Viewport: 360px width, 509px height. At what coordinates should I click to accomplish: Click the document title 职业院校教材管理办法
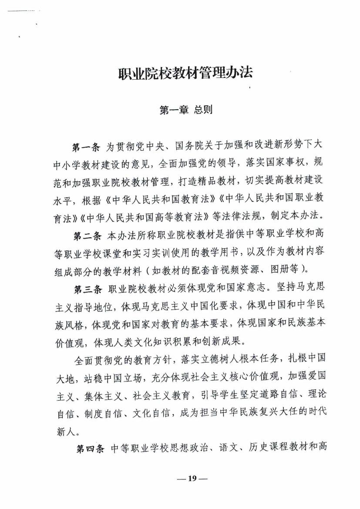coord(185,73)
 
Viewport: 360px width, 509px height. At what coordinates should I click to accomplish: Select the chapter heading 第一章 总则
coord(186,110)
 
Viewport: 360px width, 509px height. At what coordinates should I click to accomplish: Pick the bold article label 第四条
coord(91,448)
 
